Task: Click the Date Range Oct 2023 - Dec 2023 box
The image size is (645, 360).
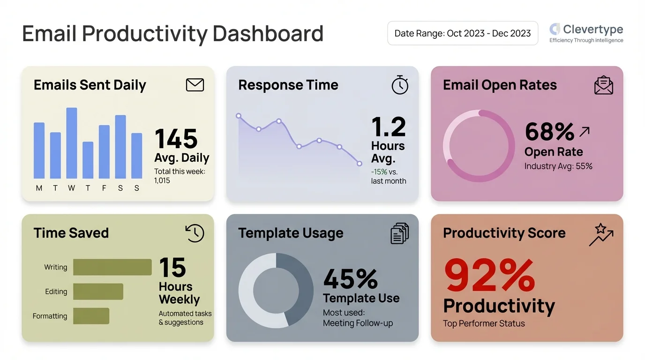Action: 462,33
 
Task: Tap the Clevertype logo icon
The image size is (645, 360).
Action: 555,29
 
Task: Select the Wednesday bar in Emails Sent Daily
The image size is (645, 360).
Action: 72,143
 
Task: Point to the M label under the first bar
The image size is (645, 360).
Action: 39,188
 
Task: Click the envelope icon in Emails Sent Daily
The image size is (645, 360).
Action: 195,85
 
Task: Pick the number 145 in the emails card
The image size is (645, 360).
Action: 176,139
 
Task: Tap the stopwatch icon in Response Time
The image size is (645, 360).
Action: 400,85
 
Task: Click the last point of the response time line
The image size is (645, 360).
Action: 360,164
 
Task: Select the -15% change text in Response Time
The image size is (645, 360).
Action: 379,172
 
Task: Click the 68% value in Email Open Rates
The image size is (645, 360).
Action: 549,132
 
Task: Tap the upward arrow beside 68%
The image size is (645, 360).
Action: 584,132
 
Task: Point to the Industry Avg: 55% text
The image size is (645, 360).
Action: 558,166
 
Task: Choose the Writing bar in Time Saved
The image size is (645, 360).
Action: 112,267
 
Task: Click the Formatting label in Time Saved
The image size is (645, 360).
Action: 50,316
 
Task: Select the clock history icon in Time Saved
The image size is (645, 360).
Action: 195,233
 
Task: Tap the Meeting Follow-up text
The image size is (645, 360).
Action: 358,323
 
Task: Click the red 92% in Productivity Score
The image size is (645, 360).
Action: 489,276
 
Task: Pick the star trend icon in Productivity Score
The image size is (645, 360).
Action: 601,234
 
